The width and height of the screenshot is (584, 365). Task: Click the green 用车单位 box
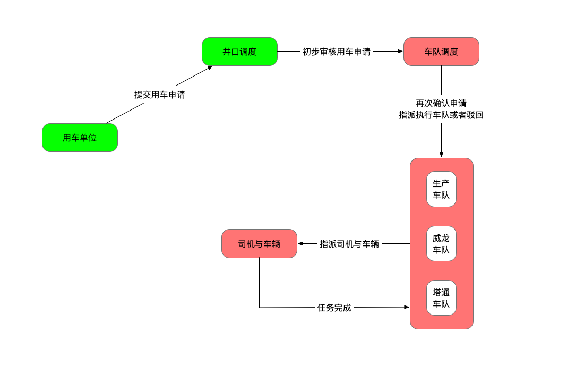(80, 138)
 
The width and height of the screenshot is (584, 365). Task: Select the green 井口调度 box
(239, 52)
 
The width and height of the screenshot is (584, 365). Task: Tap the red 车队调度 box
(441, 52)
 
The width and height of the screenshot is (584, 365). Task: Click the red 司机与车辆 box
(259, 244)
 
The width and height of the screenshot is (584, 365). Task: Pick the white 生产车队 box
(441, 189)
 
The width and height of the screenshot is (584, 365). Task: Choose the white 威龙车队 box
(441, 244)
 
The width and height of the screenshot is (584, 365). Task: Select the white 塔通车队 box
(441, 298)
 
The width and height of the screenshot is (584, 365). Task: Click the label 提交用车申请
(160, 95)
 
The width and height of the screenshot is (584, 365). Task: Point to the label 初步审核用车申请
(337, 52)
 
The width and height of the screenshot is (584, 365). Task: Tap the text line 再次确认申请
(441, 103)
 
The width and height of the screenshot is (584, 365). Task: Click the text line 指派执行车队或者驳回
(441, 115)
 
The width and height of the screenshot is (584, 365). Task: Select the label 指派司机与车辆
(349, 244)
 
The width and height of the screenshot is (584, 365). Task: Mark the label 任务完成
(334, 308)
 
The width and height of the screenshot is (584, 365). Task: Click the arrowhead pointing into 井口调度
(210, 67)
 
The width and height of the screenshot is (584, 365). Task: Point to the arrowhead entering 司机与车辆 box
(300, 244)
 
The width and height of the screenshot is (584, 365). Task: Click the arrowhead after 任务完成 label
(407, 307)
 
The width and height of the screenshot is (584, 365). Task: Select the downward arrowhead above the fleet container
(441, 155)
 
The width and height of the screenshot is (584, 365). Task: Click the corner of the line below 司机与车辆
(260, 307)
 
